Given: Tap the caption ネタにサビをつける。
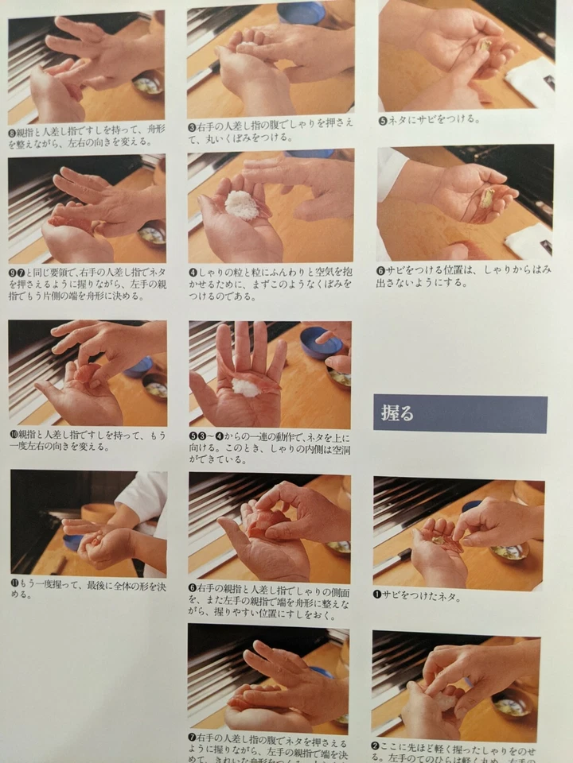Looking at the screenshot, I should coord(434,119).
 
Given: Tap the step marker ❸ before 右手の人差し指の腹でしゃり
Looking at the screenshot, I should coord(193,126).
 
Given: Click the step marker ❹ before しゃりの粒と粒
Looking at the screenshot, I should coord(193,272).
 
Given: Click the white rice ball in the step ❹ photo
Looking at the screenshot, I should coord(241,205).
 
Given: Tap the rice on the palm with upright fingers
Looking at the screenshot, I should coord(246,387).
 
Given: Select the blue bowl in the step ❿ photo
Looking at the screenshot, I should coord(138,366).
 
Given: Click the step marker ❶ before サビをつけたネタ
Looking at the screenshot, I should coord(378,596).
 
